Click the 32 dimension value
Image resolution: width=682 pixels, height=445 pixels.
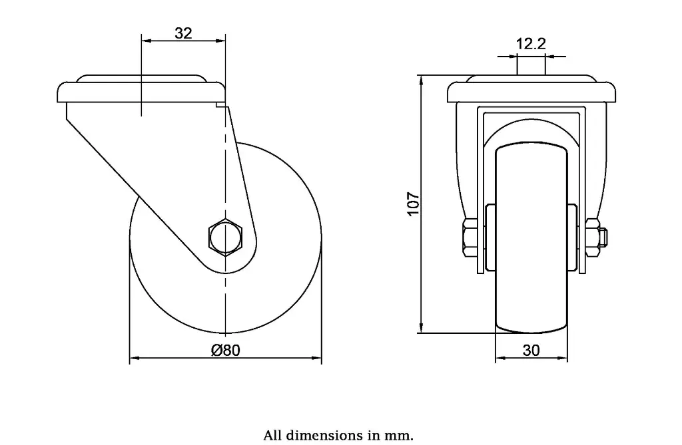183,33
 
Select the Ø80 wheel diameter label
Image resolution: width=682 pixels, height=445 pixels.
225,350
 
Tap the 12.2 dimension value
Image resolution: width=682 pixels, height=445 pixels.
531,45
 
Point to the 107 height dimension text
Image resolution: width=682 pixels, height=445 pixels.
413,204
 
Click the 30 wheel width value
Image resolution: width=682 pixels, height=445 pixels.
531,351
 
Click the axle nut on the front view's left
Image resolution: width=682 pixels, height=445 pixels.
468,238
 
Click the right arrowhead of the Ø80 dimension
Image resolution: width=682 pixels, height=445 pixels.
317,359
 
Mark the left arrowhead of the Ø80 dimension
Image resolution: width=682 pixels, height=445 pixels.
134,359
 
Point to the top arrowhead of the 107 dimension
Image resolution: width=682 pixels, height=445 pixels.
421,80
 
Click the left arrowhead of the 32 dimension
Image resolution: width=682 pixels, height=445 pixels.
146,41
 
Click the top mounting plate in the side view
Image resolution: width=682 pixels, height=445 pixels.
141,92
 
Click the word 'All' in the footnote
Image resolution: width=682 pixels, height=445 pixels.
274,436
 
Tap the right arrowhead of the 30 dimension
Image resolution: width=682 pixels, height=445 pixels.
563,360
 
